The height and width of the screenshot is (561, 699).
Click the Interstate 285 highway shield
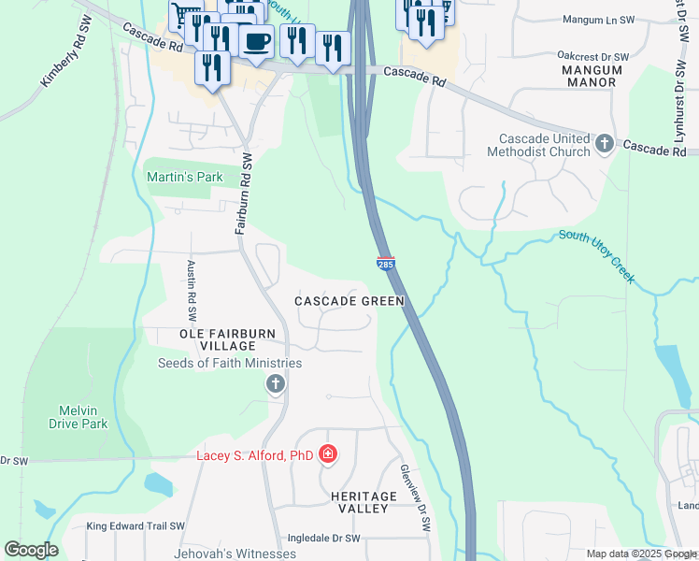coord(385,265)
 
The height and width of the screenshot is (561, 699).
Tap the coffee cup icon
coord(255,40)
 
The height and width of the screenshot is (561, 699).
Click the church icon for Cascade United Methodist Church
coord(604,143)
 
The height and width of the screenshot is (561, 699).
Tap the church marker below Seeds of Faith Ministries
coord(275,383)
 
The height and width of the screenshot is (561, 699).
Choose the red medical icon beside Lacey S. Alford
coord(327,455)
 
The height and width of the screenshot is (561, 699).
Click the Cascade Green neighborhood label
coord(349,301)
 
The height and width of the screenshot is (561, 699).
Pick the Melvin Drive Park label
coord(78,417)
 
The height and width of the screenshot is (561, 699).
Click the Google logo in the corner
coord(32,550)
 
